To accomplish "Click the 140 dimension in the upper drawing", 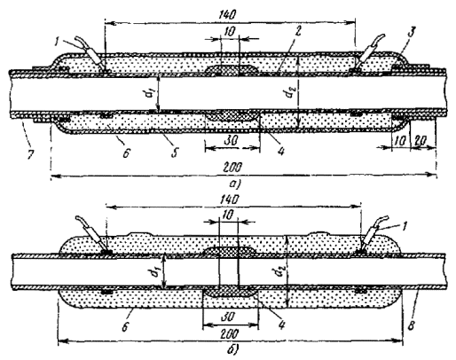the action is [x=230, y=14].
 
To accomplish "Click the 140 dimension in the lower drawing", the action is [x=230, y=200].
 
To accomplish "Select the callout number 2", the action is [x=298, y=31].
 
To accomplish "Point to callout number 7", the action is [x=30, y=154].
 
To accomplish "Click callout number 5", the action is [x=175, y=153].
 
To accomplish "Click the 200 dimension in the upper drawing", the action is [x=233, y=168].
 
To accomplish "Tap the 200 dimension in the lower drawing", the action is [x=230, y=334].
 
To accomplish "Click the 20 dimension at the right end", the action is [x=420, y=141].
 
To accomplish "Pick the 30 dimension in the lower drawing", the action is [x=229, y=317].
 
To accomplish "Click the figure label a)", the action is [x=235, y=184].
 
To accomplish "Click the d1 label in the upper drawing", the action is [x=151, y=94].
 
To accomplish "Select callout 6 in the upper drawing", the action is [x=125, y=153].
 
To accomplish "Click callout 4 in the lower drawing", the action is [x=281, y=325].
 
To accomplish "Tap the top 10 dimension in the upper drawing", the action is [x=230, y=32].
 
